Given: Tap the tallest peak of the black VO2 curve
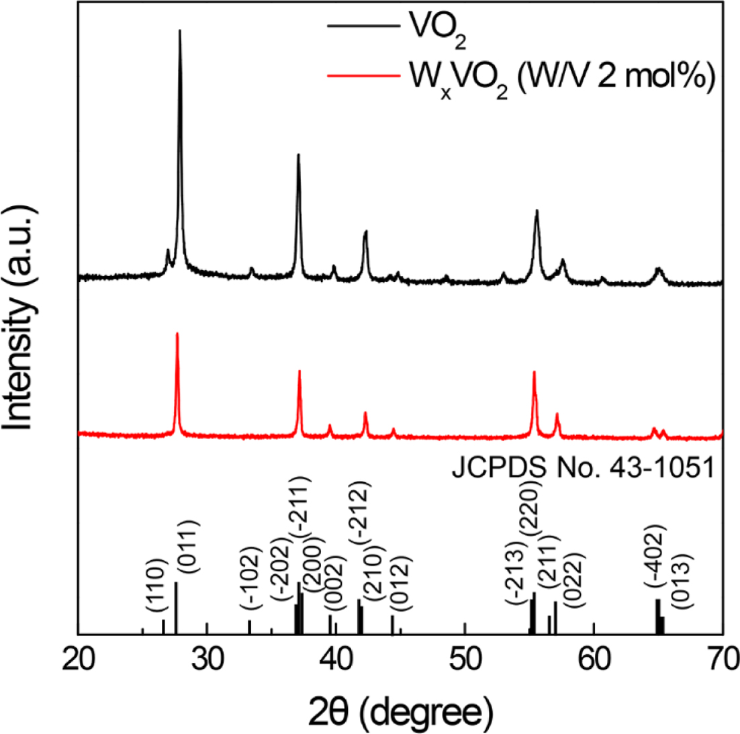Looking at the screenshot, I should coord(179,31).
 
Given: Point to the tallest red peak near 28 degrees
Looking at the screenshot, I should coord(177,334).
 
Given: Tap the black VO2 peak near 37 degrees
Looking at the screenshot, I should coord(298,156).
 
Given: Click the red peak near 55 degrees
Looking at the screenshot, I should coord(534,372).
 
